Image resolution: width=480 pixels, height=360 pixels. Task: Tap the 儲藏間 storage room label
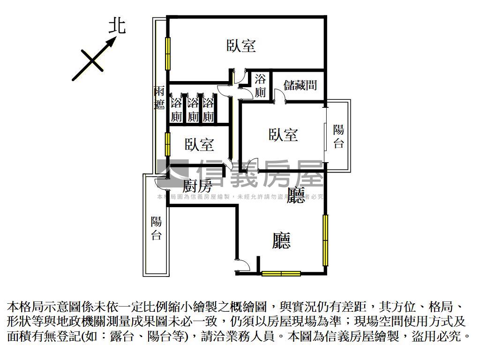pos(300,85)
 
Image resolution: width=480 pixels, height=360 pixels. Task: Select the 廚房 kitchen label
pos(197,186)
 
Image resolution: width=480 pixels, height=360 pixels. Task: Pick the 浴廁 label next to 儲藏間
pos(260,85)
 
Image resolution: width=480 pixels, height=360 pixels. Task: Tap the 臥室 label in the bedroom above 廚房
pos(199,144)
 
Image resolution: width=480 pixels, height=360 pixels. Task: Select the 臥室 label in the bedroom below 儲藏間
pos(283,135)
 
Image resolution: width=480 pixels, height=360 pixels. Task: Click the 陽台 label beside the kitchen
pos(156,228)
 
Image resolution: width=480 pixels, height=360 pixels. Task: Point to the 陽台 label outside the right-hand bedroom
pos(338,136)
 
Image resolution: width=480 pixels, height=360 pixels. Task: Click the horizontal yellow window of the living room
pos(281,273)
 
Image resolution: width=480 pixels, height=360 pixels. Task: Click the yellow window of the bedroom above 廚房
pos(167,143)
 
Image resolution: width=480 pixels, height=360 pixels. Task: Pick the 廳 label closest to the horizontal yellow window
pos(281,240)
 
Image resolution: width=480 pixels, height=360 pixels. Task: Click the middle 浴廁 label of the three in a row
pos(192,110)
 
